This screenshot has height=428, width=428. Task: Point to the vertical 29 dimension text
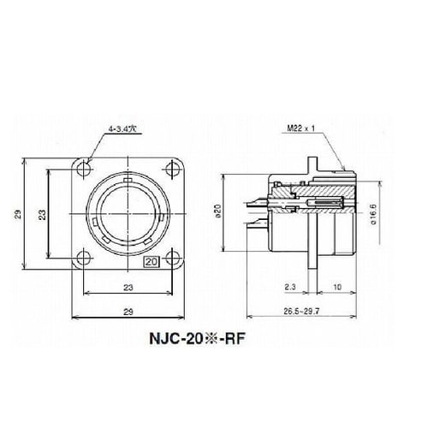coord(19,215)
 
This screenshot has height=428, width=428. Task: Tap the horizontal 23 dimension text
coord(127,288)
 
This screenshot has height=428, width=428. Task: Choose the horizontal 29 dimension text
coord(127,313)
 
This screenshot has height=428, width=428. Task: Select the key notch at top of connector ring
coord(128,181)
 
